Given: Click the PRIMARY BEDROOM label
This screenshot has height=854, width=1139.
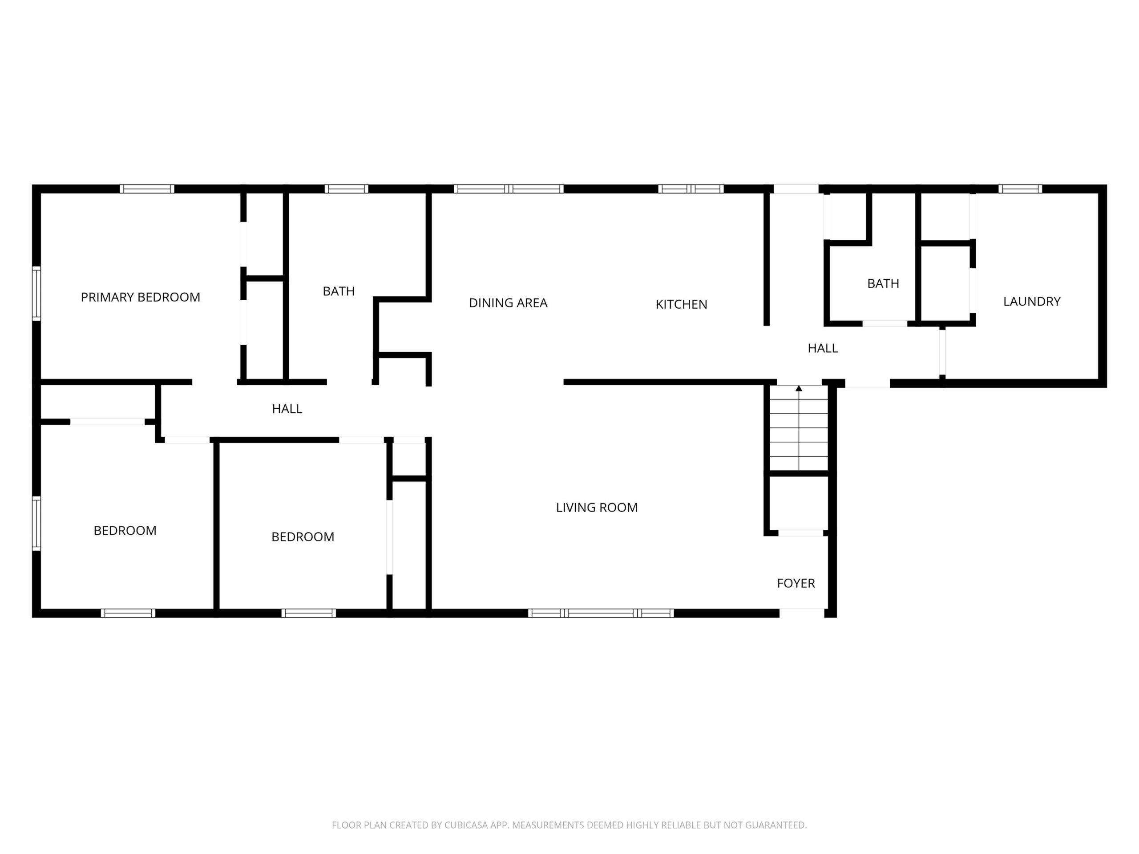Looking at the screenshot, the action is tap(141, 297).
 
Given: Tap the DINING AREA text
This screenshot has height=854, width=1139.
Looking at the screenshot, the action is tap(508, 303).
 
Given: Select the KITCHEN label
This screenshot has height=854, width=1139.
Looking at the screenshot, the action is tap(681, 304).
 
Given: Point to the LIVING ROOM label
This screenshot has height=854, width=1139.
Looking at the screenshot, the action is tap(597, 508).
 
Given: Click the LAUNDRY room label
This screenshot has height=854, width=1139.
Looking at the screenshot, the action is tap(1032, 301).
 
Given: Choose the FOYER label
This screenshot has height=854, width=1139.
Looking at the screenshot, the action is tap(796, 583).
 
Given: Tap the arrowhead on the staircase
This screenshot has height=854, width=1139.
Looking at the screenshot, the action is tap(799, 388).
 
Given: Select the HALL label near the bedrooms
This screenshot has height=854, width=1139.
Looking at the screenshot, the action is tap(287, 409).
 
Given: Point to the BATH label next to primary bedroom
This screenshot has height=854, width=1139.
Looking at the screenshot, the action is tap(339, 291).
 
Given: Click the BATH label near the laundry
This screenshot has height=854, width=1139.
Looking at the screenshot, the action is tap(883, 284).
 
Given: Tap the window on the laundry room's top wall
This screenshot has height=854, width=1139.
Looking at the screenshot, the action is tap(1020, 189).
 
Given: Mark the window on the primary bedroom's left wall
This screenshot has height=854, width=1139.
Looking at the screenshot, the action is tap(36, 294).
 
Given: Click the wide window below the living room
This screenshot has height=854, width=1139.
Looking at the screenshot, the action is tap(601, 613).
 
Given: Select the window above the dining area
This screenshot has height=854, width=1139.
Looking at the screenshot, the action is tap(509, 189).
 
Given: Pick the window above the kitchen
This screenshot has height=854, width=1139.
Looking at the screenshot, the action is tap(691, 189).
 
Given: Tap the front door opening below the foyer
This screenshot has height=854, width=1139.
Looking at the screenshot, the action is tap(802, 613).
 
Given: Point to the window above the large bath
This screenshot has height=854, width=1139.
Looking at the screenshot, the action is tap(347, 189).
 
